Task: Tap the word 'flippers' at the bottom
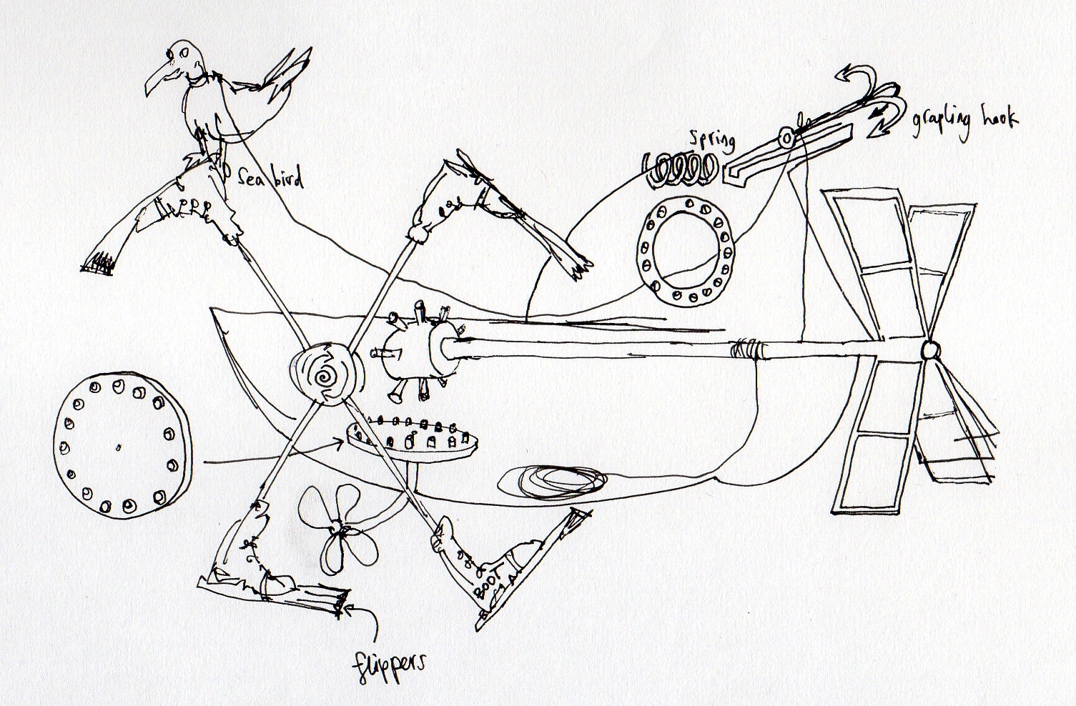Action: pyautogui.click(x=388, y=665)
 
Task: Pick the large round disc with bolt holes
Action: pyautogui.click(x=122, y=445)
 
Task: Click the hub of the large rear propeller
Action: pyautogui.click(x=929, y=350)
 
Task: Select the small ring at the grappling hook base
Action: pyautogui.click(x=786, y=138)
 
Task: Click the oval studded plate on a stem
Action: pyautogui.click(x=410, y=439)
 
